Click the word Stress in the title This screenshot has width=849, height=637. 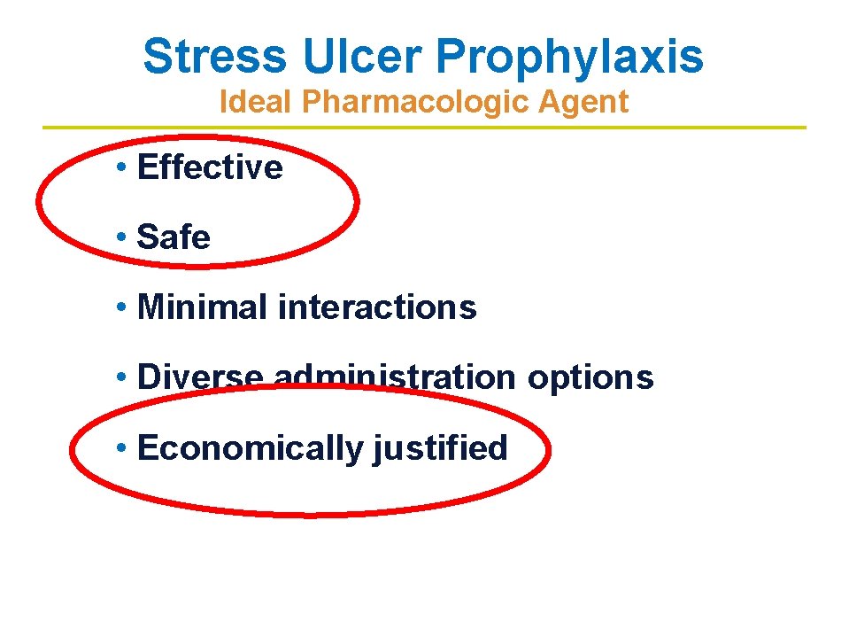click(x=215, y=57)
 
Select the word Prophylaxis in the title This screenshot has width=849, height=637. click(x=569, y=57)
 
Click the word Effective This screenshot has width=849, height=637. click(x=211, y=167)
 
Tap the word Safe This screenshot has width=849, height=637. click(x=174, y=237)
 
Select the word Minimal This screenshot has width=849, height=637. click(x=203, y=307)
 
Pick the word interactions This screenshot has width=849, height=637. click(x=377, y=307)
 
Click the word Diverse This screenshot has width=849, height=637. click(x=200, y=377)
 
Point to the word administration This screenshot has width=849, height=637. click(x=394, y=377)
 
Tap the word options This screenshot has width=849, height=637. click(x=590, y=377)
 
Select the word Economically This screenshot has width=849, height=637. click(x=251, y=448)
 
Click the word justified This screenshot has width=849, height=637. click(x=440, y=448)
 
